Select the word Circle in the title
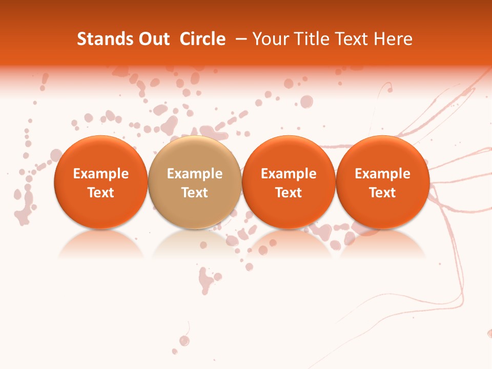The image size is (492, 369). (202, 39)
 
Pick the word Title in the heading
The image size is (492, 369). (309, 39)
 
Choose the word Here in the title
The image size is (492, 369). (393, 39)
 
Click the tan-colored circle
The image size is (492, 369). (195, 182)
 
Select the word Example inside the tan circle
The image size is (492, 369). (195, 174)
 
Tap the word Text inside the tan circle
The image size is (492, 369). (195, 193)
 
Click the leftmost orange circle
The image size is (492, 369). (100, 182)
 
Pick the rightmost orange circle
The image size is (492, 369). (383, 182)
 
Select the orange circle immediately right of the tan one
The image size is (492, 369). (289, 182)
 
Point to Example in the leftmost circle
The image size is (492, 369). (100, 174)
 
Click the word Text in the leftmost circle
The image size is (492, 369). (100, 193)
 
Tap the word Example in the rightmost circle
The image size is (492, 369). (383, 174)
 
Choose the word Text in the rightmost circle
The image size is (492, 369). (383, 193)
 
